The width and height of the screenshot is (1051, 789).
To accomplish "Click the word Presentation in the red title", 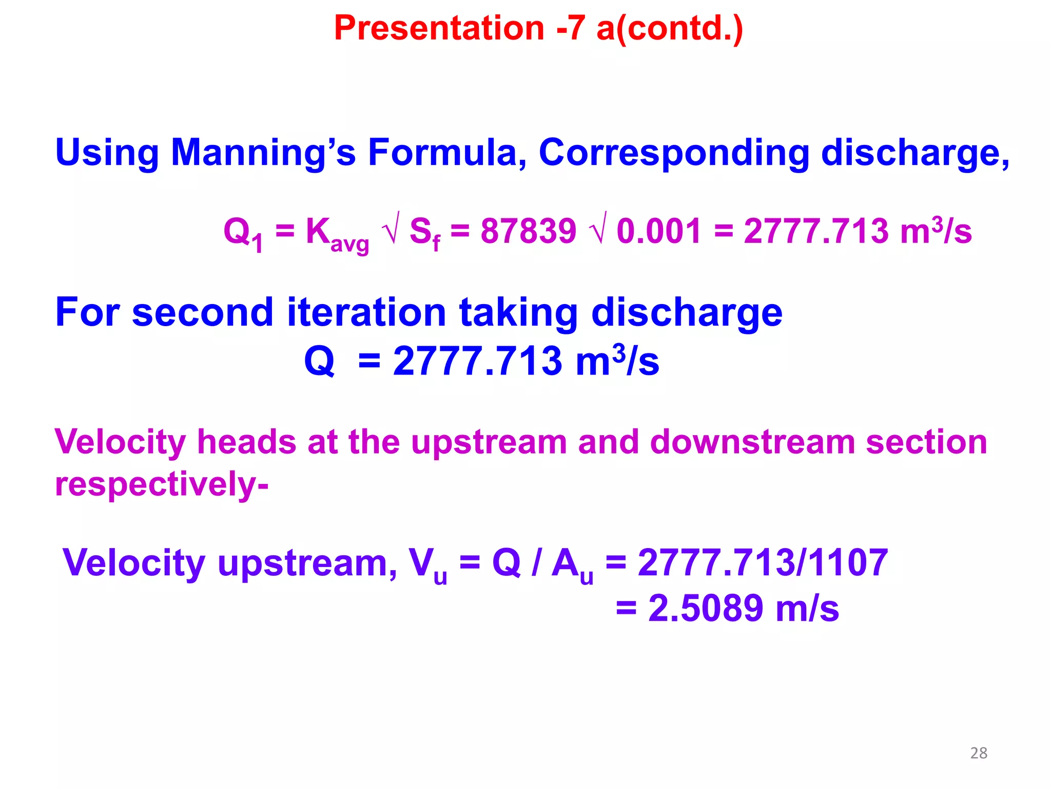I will pyautogui.click(x=439, y=28).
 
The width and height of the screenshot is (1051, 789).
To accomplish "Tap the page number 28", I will pyautogui.click(x=979, y=753).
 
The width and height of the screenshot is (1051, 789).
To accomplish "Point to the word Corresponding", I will pyautogui.click(x=673, y=153).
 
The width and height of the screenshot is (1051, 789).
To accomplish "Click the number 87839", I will pyautogui.click(x=528, y=231).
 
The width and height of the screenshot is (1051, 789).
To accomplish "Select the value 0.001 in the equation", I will pyautogui.click(x=658, y=231).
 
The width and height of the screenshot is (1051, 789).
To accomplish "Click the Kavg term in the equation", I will pyautogui.click(x=337, y=234).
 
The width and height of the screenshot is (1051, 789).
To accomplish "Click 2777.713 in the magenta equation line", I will pyautogui.click(x=815, y=231).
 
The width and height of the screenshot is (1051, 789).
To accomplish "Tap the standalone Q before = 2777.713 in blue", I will pyautogui.click(x=319, y=361).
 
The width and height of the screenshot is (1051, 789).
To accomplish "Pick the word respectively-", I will pyautogui.click(x=162, y=484).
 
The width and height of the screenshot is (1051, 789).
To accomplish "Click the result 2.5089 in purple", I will pyautogui.click(x=706, y=609).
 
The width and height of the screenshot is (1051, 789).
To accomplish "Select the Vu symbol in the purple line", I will pyautogui.click(x=427, y=565).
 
